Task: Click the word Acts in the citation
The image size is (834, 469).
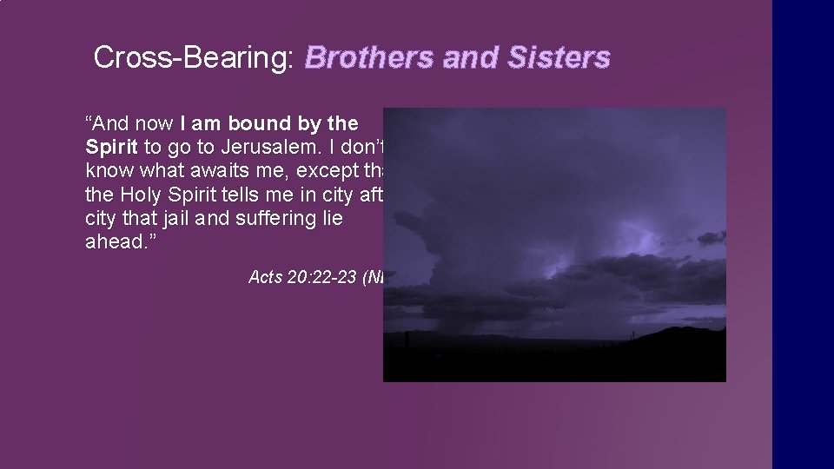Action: (265, 278)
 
